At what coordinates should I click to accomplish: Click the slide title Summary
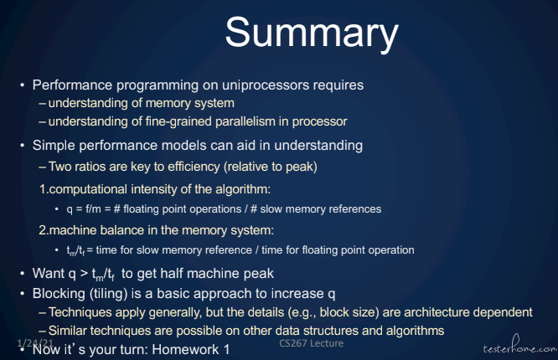312,33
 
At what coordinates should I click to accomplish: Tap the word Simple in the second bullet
54,146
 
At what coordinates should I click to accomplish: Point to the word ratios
90,167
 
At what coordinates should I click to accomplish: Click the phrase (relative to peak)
271,167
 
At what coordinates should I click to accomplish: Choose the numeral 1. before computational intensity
44,189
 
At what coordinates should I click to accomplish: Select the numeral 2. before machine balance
44,230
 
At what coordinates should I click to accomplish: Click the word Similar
69,331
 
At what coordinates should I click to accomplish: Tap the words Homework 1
191,349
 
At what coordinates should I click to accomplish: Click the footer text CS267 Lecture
312,343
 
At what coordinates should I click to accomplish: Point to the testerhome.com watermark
520,346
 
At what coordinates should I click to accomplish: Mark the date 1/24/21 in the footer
35,343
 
